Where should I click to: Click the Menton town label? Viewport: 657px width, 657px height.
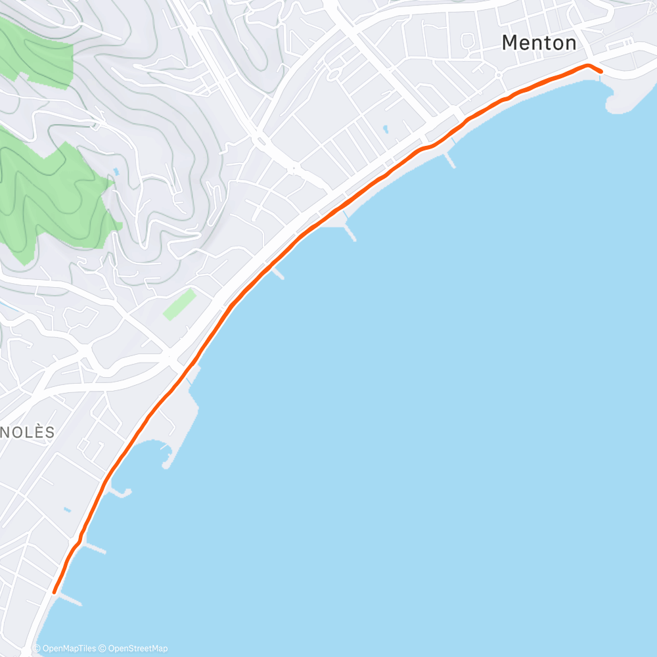(x=539, y=43)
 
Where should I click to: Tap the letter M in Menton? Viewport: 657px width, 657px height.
(x=510, y=43)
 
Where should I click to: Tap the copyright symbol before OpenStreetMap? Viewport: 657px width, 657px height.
(x=103, y=648)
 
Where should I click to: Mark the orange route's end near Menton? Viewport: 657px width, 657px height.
(x=600, y=72)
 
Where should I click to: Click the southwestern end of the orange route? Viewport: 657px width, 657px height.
(x=54, y=592)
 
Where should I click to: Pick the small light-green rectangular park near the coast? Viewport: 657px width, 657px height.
(x=179, y=304)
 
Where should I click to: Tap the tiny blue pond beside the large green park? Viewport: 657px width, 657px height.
(x=116, y=171)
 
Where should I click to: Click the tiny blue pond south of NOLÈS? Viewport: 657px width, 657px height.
(x=68, y=509)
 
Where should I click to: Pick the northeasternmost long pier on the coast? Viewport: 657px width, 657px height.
(x=450, y=160)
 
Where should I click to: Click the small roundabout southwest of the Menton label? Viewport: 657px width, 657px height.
(x=498, y=74)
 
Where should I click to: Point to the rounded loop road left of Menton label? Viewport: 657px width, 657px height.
(x=468, y=41)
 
